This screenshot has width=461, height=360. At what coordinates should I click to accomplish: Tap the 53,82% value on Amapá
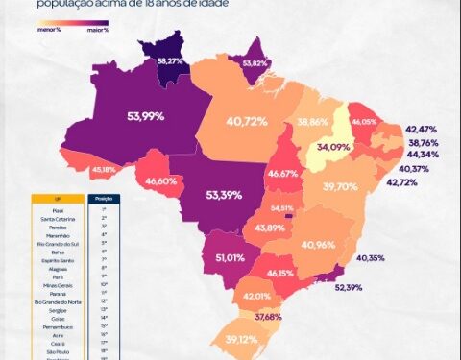255,63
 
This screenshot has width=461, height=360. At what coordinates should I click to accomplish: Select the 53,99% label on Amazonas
145,116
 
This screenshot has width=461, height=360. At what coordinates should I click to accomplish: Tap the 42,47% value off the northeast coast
422,129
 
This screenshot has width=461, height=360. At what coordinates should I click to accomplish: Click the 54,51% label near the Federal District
282,208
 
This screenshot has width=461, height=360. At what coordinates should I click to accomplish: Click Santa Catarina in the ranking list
60,220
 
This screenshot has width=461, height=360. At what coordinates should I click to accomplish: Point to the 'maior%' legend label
98,31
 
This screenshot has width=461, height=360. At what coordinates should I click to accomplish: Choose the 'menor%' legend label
51,31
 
